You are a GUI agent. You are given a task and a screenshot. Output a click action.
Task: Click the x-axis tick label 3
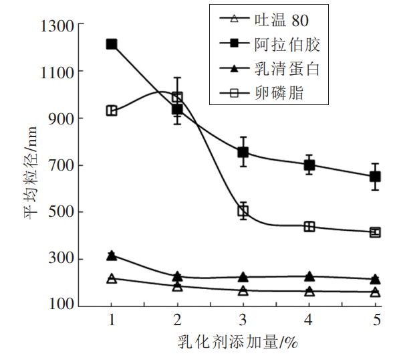243,319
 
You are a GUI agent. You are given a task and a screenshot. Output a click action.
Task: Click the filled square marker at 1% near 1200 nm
112,44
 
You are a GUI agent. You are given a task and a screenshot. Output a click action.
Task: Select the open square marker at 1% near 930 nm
112,110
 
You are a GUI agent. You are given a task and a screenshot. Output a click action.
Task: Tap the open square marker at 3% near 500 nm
243,211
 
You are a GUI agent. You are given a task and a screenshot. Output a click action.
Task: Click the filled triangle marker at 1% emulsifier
112,255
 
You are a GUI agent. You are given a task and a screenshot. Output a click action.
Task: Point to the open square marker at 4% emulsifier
309,226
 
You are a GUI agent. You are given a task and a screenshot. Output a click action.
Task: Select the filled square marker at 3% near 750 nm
243,153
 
